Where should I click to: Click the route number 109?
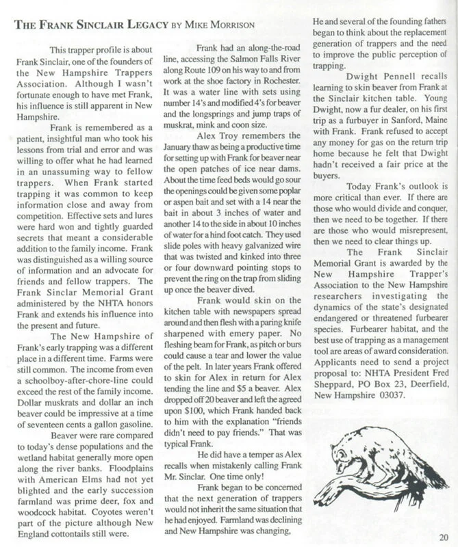[222, 81]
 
